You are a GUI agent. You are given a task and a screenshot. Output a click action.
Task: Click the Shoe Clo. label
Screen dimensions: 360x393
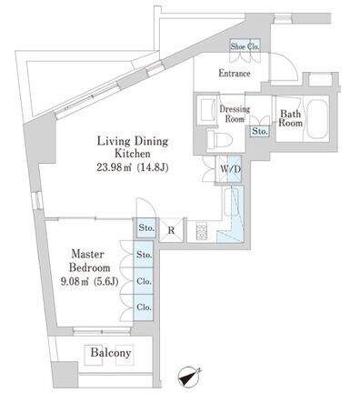point(245,46)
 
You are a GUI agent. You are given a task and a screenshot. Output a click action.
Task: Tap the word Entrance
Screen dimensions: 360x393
point(235,74)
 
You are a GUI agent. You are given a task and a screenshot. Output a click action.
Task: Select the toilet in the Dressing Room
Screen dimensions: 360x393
point(219,140)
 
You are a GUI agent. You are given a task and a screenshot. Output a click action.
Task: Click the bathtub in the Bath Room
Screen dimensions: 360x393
point(317,118)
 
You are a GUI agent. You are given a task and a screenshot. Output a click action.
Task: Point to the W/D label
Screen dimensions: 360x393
point(230,169)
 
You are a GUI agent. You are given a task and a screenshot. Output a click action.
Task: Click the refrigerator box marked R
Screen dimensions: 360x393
point(172,230)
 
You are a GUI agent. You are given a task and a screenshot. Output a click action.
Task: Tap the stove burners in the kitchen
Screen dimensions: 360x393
point(202,231)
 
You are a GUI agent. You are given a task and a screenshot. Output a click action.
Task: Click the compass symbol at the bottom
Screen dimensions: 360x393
point(189,377)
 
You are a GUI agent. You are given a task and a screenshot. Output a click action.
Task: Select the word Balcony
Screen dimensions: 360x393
point(111,353)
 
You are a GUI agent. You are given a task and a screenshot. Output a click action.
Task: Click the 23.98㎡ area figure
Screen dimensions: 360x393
point(114,167)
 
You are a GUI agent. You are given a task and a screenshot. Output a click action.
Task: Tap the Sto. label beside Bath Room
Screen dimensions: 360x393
point(260,132)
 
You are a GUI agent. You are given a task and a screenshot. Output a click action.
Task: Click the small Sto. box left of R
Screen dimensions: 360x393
point(145,228)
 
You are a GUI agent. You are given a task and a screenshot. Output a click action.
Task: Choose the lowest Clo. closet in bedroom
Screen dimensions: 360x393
point(144,307)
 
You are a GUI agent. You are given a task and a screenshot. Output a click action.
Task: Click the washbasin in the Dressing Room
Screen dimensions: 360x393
point(207,110)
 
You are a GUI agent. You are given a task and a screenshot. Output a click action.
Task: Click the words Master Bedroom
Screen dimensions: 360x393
point(90,261)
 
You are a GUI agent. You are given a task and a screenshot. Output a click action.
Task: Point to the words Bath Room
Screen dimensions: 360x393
point(291,118)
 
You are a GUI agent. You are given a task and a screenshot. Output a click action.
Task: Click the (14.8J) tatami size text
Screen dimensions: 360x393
point(153,167)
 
